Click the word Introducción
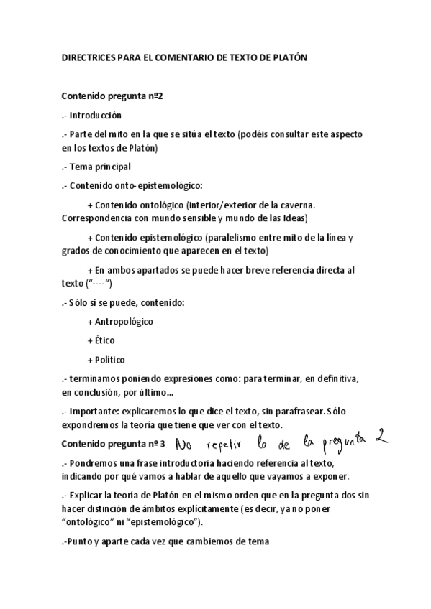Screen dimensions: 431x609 [x=96, y=115]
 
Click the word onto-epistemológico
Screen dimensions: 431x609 [x=151, y=185]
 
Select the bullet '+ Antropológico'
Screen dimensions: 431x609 [x=119, y=321]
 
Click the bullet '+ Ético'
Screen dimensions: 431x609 [x=101, y=340]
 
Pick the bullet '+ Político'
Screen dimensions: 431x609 [x=106, y=359]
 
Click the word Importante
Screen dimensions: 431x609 [x=95, y=412]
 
